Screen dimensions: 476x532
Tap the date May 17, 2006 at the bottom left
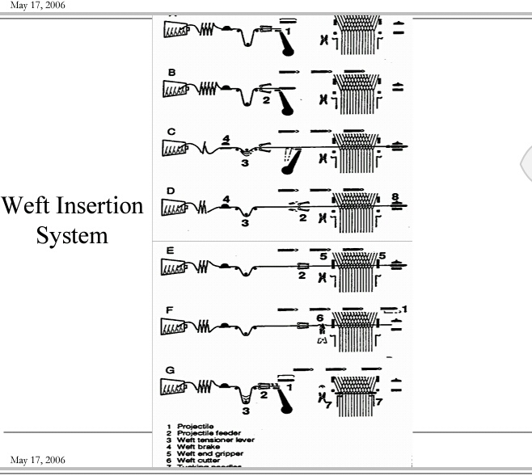[38, 460]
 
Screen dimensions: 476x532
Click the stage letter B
[171, 73]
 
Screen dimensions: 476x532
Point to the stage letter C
[171, 131]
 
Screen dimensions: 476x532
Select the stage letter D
[171, 191]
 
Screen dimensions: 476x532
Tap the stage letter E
[171, 251]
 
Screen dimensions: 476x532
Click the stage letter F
[171, 309]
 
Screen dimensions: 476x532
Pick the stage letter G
[171, 371]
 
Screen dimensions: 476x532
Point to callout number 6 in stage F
[320, 318]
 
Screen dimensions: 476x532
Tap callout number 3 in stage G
[246, 411]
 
